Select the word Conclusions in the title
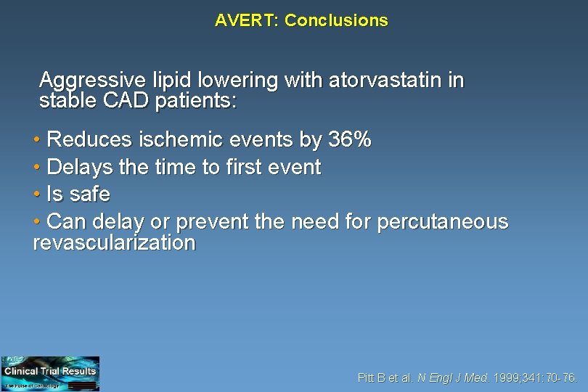click(x=336, y=20)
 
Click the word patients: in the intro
click(x=195, y=101)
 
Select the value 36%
click(x=350, y=139)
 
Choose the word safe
click(x=90, y=195)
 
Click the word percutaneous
click(x=443, y=221)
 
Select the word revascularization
click(x=114, y=242)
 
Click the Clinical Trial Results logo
click(x=50, y=373)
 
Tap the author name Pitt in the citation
click(x=367, y=377)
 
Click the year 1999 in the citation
click(x=505, y=377)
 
